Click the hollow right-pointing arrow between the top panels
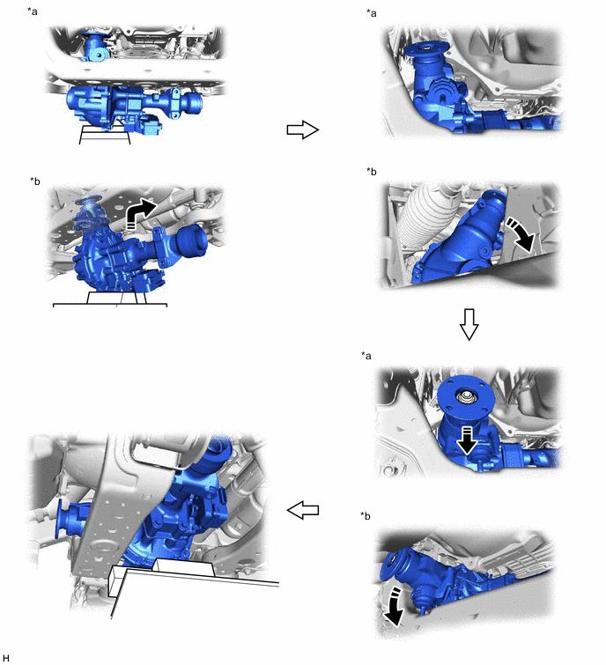[x=302, y=129]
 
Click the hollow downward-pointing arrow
[x=469, y=324]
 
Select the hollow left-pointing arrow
[x=303, y=510]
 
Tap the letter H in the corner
[x=5, y=658]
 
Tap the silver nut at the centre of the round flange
[x=466, y=397]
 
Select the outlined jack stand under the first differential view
[x=105, y=135]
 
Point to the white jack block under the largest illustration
[x=184, y=567]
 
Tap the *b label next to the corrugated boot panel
[x=372, y=172]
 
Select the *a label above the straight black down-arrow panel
[x=366, y=356]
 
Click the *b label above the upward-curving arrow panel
[x=34, y=181]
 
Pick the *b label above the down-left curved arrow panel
[x=366, y=516]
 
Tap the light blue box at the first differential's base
[x=148, y=126]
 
